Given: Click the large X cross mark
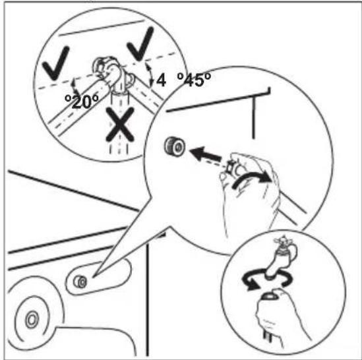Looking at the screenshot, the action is coord(120,125).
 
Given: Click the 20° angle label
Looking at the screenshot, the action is coord(82,102).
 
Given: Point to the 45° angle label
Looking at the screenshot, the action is coord(194,80).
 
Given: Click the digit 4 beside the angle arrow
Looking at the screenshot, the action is coord(161,81).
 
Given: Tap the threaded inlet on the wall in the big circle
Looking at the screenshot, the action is coord(175,146).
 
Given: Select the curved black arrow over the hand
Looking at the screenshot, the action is coord(252,179).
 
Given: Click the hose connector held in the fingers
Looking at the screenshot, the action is coord(233,168).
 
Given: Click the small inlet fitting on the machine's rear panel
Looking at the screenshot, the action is coord(80,282).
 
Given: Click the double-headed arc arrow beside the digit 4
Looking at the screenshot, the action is coord(150,75).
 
